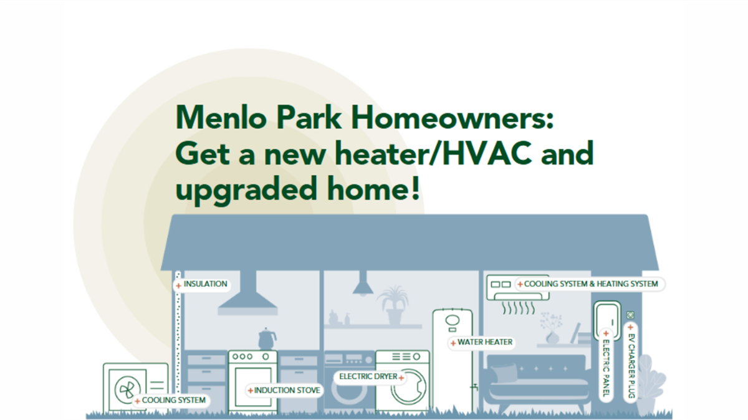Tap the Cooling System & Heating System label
pos(589,284)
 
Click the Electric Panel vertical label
pos(606,364)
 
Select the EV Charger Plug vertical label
pos(630,361)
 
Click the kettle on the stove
pos(267,339)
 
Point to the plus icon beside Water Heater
pos(453,343)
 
